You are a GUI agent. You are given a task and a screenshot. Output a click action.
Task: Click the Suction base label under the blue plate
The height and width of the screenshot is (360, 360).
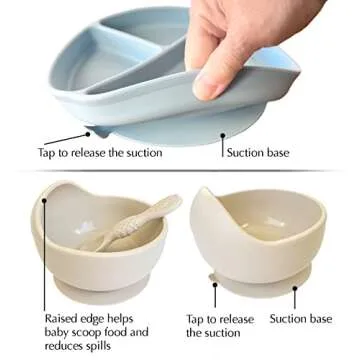(259, 153)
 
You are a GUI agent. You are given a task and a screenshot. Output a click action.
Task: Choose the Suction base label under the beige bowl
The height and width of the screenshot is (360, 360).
(301, 318)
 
